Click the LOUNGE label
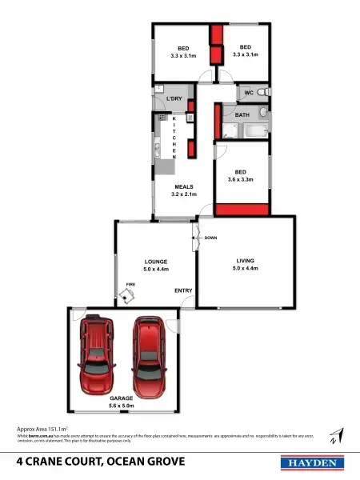click(x=155, y=262)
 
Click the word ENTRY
click(x=183, y=290)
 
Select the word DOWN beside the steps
click(x=210, y=238)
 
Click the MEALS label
click(x=184, y=186)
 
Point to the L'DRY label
click(x=174, y=98)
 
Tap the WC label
click(x=249, y=94)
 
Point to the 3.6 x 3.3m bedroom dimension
click(x=240, y=180)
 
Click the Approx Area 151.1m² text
click(x=42, y=430)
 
